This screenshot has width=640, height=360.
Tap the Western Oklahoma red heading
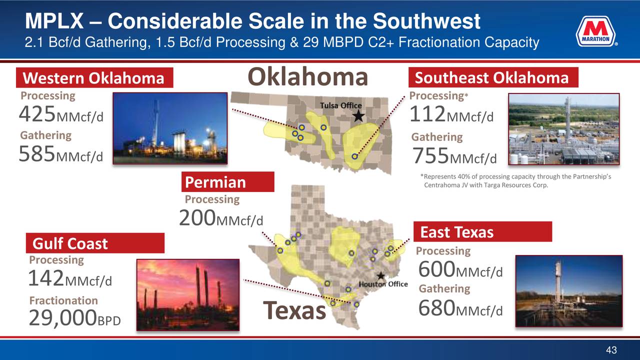click(x=94, y=77)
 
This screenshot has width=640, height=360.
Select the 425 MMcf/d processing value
click(x=61, y=113)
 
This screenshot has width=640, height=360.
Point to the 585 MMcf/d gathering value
click(x=61, y=153)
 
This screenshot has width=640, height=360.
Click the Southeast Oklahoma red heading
click(x=493, y=77)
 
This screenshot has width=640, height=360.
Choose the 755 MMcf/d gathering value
click(x=454, y=155)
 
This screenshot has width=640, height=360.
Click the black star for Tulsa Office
click(x=358, y=116)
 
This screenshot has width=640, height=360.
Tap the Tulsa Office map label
click(x=341, y=105)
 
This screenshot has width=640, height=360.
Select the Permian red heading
click(x=227, y=181)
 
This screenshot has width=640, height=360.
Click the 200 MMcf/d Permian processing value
click(x=221, y=218)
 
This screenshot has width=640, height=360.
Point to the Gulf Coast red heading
click(x=95, y=243)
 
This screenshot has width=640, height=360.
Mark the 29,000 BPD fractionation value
click(x=75, y=317)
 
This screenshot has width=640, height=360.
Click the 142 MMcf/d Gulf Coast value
click(x=70, y=278)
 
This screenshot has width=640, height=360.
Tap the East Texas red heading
click(x=482, y=231)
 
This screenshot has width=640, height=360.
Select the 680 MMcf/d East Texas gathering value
click(x=460, y=308)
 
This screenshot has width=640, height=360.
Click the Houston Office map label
click(x=383, y=284)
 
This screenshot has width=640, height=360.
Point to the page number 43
click(x=611, y=349)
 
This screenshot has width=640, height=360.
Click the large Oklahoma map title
click(x=307, y=76)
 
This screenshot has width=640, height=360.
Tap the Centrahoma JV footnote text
click(x=515, y=181)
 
